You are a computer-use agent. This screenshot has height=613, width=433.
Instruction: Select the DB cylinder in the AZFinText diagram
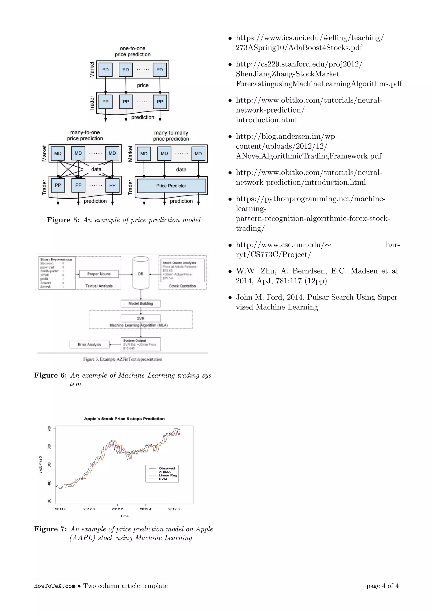141,273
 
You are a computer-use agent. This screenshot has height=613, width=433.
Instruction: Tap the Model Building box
141,304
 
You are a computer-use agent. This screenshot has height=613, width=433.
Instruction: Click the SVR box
141,318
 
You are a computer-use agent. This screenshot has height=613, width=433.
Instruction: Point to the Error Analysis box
89,344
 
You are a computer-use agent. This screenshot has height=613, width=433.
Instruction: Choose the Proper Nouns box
99,274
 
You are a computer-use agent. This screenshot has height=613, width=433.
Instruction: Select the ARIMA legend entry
164,472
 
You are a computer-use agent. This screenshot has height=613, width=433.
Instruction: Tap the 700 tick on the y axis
49,428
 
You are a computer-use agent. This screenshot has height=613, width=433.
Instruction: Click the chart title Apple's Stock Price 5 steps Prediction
124,419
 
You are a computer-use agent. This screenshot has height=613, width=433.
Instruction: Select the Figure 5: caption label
63,220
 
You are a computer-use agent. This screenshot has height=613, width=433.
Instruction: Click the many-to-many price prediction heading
171,136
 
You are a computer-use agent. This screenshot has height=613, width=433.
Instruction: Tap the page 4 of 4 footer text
382,586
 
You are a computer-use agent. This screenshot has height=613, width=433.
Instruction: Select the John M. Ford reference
317,302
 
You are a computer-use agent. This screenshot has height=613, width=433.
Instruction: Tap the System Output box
141,344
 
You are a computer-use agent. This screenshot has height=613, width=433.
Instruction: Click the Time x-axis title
124,516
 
